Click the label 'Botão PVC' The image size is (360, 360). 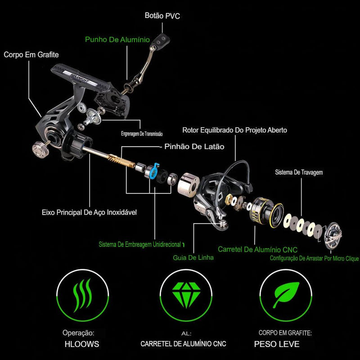[162, 16]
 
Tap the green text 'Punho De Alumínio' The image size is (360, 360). [117, 39]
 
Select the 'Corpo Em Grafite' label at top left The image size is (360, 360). [31, 55]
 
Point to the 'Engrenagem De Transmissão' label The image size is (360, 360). [142, 134]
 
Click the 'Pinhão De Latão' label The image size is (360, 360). [194, 146]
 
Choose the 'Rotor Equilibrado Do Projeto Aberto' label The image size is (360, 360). [234, 130]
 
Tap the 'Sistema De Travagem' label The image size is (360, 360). [299, 172]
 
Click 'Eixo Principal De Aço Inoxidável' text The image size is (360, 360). [89, 212]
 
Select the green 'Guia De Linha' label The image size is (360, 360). [193, 258]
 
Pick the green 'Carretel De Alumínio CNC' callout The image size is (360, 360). [257, 249]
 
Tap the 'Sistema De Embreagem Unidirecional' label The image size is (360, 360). [140, 244]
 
